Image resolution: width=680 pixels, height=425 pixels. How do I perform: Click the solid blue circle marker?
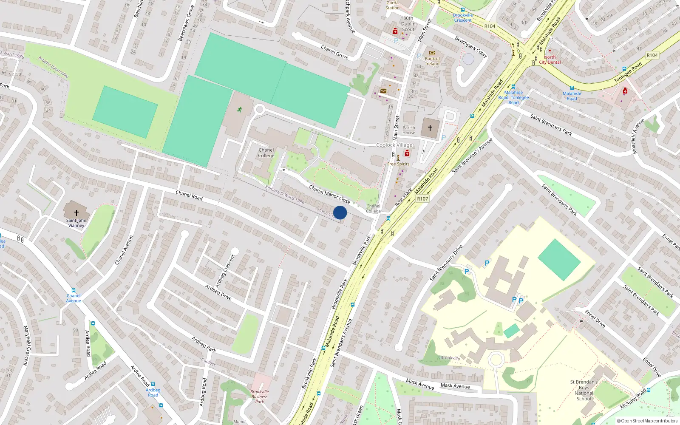[340, 212]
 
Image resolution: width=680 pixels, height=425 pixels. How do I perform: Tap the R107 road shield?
[422, 198]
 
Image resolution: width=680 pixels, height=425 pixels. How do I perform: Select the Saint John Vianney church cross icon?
[76, 212]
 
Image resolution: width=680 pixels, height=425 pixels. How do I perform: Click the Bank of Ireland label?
[432, 61]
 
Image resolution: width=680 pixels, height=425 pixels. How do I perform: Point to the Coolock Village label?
[394, 145]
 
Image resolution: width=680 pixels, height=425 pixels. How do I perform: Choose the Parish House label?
[409, 130]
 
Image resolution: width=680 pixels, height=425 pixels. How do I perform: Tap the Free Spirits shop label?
[398, 164]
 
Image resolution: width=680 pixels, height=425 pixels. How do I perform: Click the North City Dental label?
[550, 59]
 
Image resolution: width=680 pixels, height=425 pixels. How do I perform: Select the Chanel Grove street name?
[334, 52]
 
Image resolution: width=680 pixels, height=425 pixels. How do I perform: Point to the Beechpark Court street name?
[471, 47]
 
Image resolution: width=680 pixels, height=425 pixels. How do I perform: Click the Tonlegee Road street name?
[628, 73]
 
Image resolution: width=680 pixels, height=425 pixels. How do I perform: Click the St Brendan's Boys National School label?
[584, 390]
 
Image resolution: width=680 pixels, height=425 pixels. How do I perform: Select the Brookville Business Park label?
[260, 397]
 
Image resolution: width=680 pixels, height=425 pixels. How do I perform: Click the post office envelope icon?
[383, 91]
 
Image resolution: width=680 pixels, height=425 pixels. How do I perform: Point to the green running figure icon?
[240, 110]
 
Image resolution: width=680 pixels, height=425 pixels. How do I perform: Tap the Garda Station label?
[392, 5]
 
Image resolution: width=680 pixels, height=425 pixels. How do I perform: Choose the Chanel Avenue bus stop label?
[74, 298]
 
